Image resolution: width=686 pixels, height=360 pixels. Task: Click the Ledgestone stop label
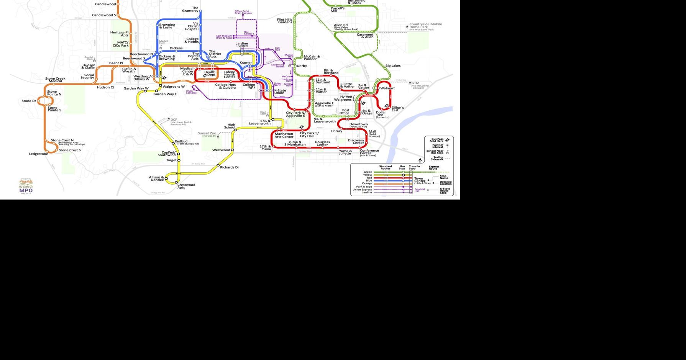(x=39, y=154)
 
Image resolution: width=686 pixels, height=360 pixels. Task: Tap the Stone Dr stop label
(x=29, y=101)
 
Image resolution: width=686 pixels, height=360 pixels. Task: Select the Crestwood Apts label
(x=186, y=186)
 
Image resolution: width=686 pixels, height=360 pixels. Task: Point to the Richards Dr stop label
(x=230, y=167)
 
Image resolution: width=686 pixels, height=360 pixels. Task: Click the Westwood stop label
(x=221, y=150)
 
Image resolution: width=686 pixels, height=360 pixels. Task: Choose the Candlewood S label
(x=104, y=15)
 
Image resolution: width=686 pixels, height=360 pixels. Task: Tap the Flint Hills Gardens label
(x=285, y=21)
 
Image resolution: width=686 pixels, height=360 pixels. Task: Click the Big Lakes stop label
(x=393, y=66)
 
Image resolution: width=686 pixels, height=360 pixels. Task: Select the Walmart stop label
(x=387, y=88)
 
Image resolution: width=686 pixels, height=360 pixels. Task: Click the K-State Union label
(x=280, y=92)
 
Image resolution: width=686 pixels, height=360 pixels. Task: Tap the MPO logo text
(x=26, y=190)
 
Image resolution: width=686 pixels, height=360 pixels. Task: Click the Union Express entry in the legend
(x=362, y=190)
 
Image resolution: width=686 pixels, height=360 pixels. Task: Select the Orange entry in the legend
(x=367, y=183)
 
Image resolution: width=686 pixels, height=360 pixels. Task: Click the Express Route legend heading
(x=434, y=167)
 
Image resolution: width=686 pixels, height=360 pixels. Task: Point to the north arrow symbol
(x=420, y=160)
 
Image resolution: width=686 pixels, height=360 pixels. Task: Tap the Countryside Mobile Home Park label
(x=425, y=26)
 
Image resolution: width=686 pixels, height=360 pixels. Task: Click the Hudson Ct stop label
(x=105, y=87)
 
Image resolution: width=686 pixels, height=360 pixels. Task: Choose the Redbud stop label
(x=181, y=141)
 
